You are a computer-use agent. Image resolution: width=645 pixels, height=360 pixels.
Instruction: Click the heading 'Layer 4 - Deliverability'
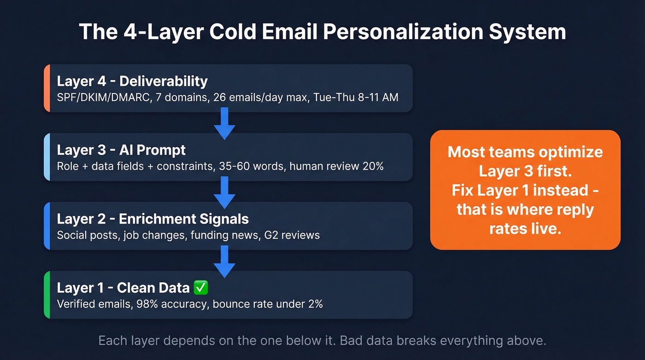[132, 81]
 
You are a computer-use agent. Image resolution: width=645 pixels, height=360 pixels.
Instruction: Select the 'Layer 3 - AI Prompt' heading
[121, 150]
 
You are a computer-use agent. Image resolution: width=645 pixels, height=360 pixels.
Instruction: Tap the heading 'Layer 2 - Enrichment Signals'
[152, 218]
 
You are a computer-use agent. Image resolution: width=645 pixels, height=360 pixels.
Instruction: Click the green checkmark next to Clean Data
[201, 288]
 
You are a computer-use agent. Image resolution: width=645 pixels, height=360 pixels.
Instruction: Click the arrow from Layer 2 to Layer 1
[225, 261]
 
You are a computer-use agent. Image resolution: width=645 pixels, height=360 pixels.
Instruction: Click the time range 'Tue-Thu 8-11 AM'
[352, 98]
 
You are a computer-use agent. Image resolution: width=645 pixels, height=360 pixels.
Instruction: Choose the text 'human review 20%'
[336, 166]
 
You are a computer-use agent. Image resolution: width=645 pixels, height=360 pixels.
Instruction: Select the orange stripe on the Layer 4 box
[47, 88]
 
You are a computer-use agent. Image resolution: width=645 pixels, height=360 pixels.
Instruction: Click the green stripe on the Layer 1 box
[47, 295]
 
